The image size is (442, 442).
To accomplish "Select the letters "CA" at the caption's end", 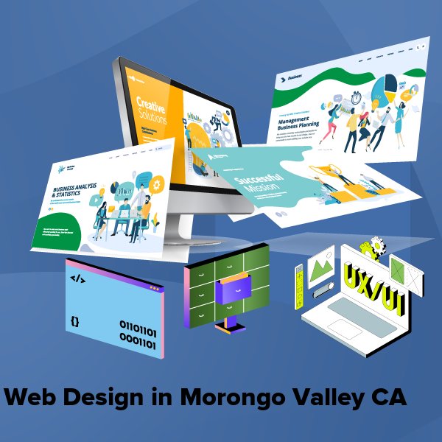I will (x=389, y=397).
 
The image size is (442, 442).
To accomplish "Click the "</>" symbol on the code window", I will (x=77, y=278).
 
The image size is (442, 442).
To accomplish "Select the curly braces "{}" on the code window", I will (x=74, y=321).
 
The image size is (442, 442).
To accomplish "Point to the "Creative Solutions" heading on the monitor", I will (x=152, y=110).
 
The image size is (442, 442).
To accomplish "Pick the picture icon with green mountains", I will (x=322, y=267).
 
